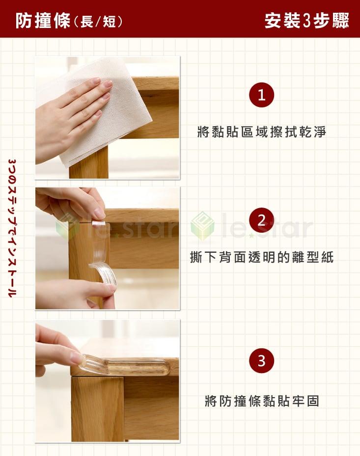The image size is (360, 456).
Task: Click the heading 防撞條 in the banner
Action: (43, 21)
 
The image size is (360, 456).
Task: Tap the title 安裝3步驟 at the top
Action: (306, 21)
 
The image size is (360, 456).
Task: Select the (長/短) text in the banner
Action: (98, 22)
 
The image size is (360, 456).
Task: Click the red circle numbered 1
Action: (261, 95)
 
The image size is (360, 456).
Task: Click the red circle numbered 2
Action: (261, 220)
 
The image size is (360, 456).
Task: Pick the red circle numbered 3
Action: (261, 361)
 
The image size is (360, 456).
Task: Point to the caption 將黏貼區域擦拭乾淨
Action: (261, 132)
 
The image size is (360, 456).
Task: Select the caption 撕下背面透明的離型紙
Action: (261, 257)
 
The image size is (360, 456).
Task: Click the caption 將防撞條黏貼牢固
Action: (261, 401)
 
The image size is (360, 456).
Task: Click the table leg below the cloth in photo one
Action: (89, 167)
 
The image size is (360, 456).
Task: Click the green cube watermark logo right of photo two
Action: (202, 226)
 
